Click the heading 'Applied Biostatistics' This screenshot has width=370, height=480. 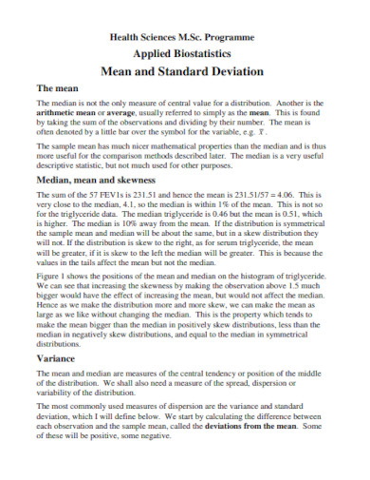(x=185, y=53)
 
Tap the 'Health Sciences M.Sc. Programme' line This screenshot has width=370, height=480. (x=185, y=36)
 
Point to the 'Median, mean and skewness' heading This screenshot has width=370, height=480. (x=95, y=179)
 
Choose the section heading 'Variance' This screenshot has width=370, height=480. (x=54, y=358)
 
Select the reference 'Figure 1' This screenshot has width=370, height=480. (x=52, y=274)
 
